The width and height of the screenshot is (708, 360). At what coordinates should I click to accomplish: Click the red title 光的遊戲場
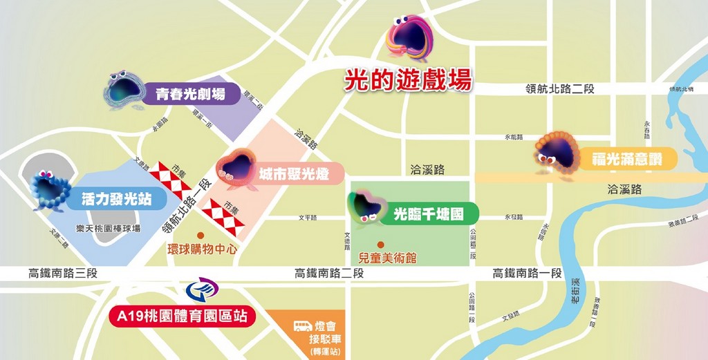tap(408, 80)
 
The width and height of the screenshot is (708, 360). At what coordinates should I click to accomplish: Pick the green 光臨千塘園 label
tap(427, 214)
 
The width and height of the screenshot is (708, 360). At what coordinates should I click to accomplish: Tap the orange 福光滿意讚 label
tap(626, 160)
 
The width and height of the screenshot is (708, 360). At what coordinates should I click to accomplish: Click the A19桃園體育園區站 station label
tap(182, 317)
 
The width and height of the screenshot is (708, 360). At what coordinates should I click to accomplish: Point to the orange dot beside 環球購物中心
tap(201, 236)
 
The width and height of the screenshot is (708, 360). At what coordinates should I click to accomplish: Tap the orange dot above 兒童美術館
tap(380, 245)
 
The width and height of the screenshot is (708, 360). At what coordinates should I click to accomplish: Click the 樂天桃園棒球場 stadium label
tap(108, 228)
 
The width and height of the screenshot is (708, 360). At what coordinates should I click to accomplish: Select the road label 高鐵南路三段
tap(63, 273)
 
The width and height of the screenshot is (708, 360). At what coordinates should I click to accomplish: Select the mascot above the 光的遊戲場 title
tap(410, 39)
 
